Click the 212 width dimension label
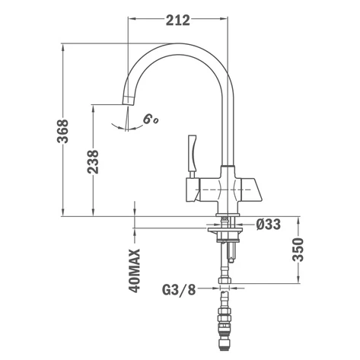coord(178,21)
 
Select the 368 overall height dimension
coord(62,131)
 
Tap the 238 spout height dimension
coord(93,162)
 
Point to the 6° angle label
coord(151,119)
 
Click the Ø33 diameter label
coord(269,225)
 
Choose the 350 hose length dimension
coord(298,250)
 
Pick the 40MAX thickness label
coord(135,270)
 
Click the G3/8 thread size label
coord(179,289)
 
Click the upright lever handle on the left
coord(192,153)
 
